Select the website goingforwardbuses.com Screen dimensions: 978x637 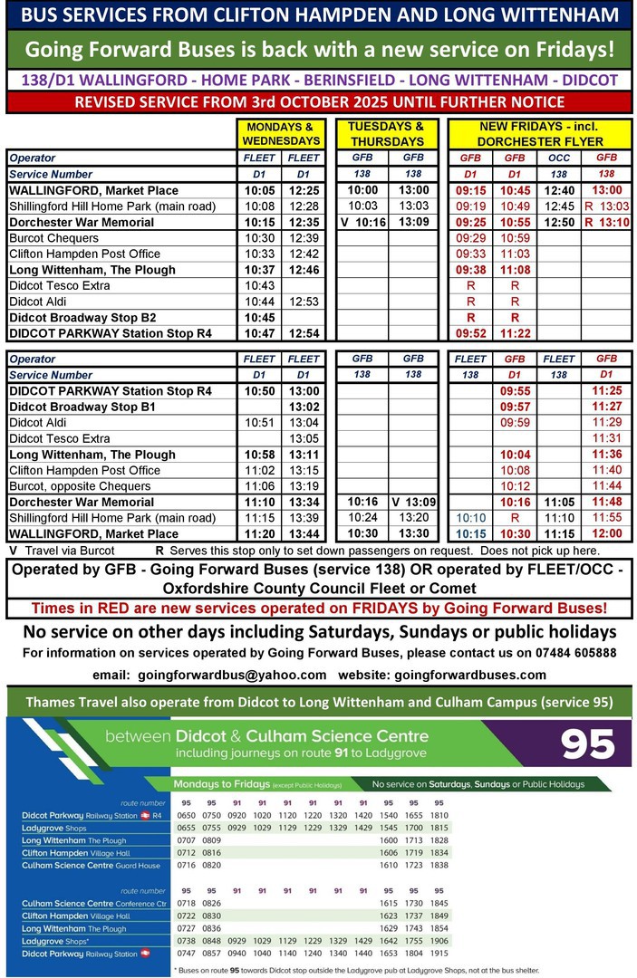[470, 675]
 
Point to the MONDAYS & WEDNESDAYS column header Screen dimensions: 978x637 [280, 134]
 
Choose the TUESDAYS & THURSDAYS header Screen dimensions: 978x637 [386, 134]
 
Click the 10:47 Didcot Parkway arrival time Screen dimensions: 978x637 [259, 333]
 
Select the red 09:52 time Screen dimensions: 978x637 [470, 333]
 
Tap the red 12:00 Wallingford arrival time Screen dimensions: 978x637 [606, 534]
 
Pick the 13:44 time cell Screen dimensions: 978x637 [304, 534]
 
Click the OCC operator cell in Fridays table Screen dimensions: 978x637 [559, 158]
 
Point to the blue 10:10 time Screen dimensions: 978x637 [470, 518]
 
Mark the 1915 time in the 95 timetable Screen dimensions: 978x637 [439, 954]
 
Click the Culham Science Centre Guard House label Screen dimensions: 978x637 [82, 866]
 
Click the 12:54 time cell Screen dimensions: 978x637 [304, 333]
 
